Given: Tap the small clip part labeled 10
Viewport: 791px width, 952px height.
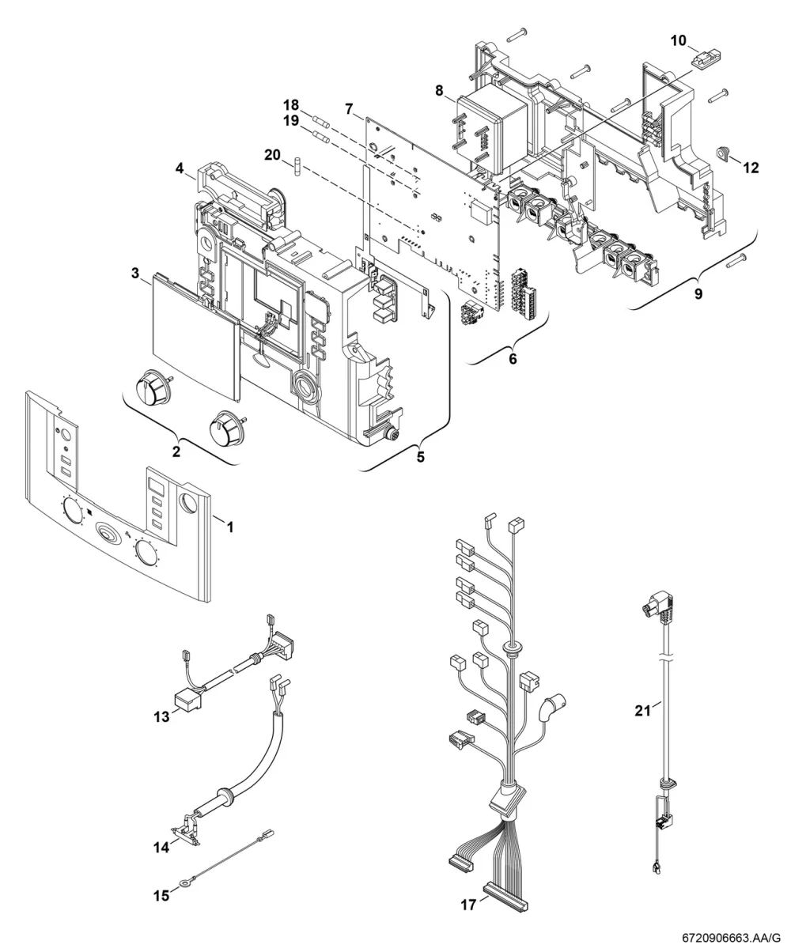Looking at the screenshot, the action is [706, 60].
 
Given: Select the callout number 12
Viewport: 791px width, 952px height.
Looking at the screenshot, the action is [751, 168].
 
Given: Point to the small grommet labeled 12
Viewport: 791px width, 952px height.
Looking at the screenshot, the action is [724, 153].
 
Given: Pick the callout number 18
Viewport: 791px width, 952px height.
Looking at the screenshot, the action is [291, 105].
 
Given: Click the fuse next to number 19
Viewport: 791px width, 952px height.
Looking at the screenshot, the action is [320, 135].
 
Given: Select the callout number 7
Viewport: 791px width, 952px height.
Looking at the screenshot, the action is [349, 109].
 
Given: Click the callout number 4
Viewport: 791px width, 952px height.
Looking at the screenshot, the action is [180, 168].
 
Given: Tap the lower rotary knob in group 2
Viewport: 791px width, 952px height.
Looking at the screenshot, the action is [227, 427].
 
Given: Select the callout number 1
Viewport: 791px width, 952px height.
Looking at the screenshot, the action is [230, 527].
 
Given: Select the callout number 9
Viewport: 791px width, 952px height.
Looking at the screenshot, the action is [698, 294].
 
